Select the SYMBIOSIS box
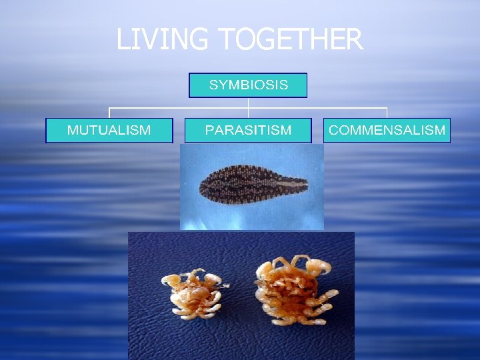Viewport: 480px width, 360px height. coord(248,85)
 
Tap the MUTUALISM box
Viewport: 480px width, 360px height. coord(109,130)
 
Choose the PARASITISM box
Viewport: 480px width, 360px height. coord(248,130)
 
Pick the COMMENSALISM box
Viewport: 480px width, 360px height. coord(387,130)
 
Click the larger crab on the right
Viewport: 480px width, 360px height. coord(292,289)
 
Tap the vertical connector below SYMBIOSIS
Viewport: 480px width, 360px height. coord(248,103)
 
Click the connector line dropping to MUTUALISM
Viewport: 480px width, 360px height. coord(109,113)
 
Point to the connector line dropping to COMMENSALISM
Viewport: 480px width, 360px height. coord(387,113)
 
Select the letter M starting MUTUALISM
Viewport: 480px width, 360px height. coord(73,130)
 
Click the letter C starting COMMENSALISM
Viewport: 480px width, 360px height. coord(333,130)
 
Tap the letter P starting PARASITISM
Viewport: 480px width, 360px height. coord(209,130)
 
